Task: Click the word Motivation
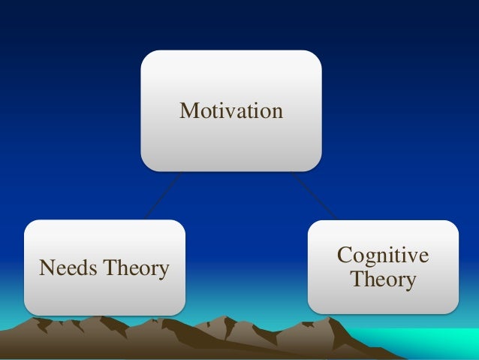point(231,111)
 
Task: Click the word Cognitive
point(383,256)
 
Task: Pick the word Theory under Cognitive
point(383,280)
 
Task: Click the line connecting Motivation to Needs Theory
point(163,195)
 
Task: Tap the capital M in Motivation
point(188,111)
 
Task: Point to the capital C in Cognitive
point(345,256)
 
